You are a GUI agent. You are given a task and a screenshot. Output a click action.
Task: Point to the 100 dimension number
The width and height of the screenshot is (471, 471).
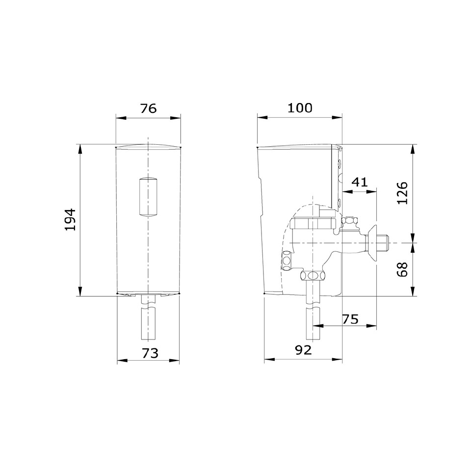300,108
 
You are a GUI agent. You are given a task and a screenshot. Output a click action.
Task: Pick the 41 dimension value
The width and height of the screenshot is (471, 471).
360,182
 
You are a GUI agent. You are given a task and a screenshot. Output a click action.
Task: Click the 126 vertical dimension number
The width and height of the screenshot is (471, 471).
402,193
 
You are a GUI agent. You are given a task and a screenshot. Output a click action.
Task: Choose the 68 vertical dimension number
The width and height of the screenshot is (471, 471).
402,269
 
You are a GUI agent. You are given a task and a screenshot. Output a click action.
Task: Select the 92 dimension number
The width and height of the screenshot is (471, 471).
303,350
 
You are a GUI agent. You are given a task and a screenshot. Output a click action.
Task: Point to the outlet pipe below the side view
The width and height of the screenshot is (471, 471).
313,319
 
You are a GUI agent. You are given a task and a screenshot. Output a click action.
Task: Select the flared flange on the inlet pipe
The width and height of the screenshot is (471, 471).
373,242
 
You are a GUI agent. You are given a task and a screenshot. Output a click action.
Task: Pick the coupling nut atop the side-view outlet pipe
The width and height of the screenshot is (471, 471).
313,275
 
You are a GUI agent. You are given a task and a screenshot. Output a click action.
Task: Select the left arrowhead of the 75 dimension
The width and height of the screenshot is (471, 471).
316,325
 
